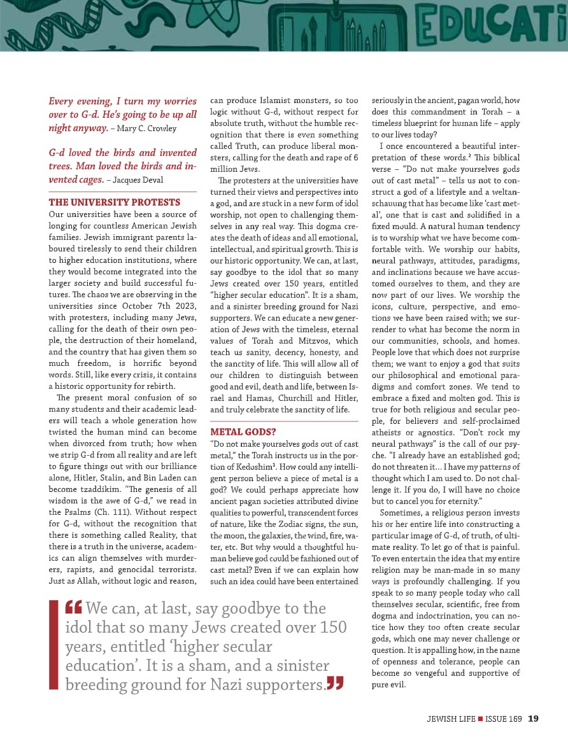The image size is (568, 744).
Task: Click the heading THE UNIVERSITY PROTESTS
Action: (x=115, y=202)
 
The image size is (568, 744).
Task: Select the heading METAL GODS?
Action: (x=243, y=432)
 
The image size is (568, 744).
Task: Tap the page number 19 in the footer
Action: (x=534, y=719)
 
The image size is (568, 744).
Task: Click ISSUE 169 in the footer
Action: (x=504, y=719)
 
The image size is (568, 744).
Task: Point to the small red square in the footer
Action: (x=480, y=719)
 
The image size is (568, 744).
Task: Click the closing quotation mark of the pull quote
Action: (x=334, y=684)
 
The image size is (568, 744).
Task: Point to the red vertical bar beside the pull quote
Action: (x=53, y=644)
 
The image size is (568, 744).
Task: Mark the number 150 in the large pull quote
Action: (x=332, y=627)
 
